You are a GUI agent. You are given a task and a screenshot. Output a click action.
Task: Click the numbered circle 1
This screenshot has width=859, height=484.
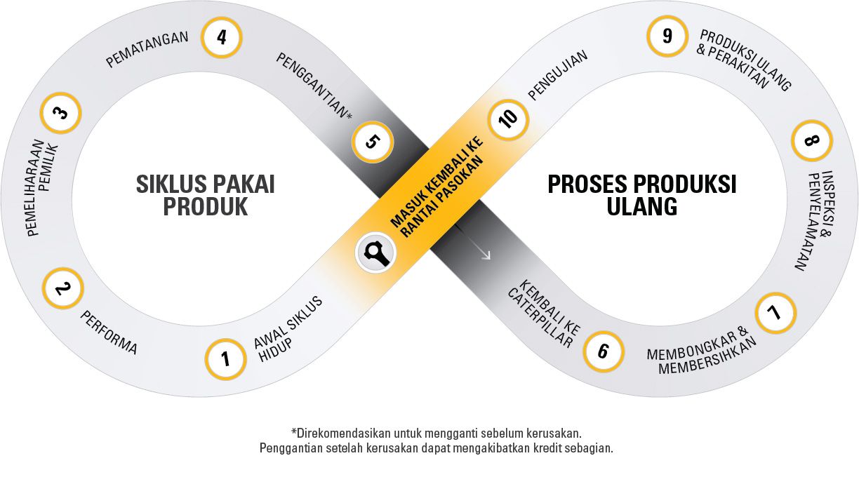click(225, 359)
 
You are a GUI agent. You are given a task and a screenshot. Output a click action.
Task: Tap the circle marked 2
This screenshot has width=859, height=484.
click(62, 288)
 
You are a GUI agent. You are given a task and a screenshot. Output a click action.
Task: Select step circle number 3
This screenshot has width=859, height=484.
click(61, 113)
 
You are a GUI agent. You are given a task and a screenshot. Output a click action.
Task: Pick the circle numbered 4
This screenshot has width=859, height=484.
click(221, 36)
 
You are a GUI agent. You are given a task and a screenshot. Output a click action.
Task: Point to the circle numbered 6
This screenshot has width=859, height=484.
click(603, 351)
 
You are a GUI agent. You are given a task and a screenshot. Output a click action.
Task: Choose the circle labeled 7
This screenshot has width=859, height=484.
click(775, 313)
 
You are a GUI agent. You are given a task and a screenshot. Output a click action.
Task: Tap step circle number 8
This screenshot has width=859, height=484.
click(811, 141)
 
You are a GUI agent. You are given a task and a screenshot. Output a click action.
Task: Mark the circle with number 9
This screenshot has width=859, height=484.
click(667, 35)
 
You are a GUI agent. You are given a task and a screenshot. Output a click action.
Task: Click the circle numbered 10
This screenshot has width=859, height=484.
click(508, 117)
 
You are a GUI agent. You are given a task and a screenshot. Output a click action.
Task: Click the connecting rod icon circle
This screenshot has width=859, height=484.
click(376, 252)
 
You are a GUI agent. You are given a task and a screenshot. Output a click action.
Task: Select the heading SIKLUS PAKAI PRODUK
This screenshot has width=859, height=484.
click(205, 196)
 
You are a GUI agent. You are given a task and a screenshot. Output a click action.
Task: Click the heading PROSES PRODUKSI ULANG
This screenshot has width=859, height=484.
click(641, 196)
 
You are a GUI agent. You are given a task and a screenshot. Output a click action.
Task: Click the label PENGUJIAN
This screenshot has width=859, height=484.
click(558, 75)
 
